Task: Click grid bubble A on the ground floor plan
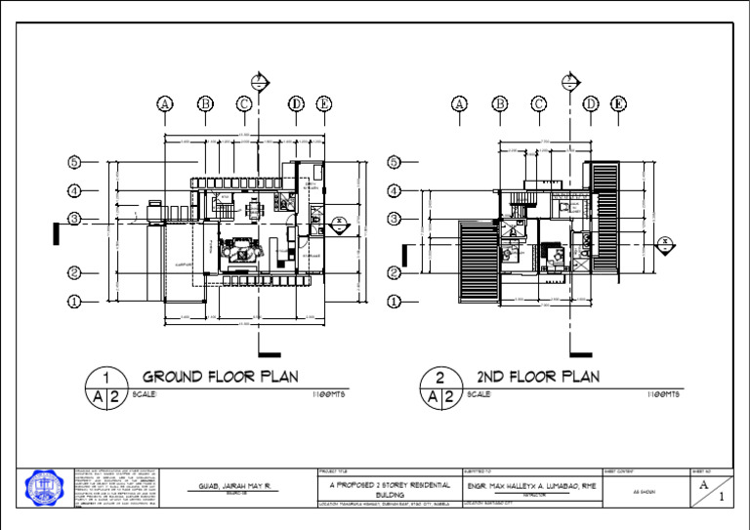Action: click(164, 103)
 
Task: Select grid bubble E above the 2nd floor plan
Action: click(619, 103)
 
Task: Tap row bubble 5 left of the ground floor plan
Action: click(74, 161)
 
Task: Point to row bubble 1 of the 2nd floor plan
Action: click(395, 302)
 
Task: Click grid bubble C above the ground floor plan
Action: click(244, 103)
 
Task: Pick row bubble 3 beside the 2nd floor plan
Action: click(395, 219)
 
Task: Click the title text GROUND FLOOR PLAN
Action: click(221, 376)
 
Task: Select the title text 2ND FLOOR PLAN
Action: click(538, 376)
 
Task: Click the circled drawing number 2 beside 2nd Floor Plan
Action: click(440, 376)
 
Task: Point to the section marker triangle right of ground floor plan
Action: click(339, 223)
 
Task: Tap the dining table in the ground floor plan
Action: click(253, 210)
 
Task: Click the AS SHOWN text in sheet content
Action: click(641, 492)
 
